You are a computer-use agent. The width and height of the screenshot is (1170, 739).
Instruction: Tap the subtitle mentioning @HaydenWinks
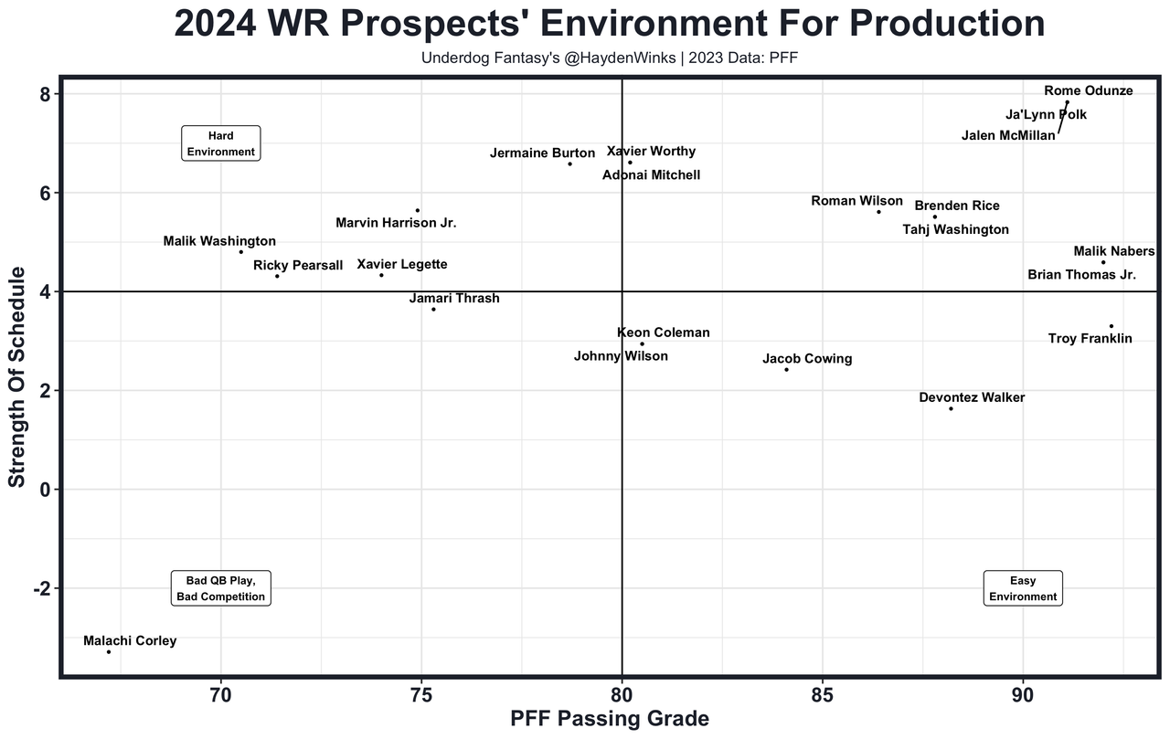(610, 58)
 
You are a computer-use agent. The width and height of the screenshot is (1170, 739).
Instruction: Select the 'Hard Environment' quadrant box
(221, 143)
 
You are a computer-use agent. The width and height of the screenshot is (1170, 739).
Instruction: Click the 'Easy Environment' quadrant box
(1023, 588)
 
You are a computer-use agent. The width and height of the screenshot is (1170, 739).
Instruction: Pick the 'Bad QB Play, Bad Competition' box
(221, 588)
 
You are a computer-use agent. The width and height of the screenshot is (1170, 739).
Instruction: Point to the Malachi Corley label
(130, 640)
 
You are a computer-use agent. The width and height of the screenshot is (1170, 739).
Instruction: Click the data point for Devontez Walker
(951, 408)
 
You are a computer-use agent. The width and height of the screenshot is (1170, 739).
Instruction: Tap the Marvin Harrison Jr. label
(396, 222)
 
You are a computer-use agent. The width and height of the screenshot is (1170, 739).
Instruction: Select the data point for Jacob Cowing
(786, 369)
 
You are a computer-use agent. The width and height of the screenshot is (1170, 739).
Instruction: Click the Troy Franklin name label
(1090, 339)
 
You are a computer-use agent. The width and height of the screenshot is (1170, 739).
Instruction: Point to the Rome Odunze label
(1088, 90)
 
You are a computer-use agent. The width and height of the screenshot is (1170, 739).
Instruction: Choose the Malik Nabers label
(1114, 251)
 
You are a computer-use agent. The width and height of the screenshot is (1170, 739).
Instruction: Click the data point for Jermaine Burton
(569, 164)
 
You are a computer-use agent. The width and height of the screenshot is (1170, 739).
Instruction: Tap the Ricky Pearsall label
(298, 266)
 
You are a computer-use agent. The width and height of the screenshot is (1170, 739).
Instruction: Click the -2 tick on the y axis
(42, 588)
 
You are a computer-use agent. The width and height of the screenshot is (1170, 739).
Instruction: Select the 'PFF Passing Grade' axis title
(609, 719)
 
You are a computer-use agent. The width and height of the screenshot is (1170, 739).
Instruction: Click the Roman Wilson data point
(878, 212)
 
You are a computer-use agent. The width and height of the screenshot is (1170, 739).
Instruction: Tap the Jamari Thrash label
(454, 298)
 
